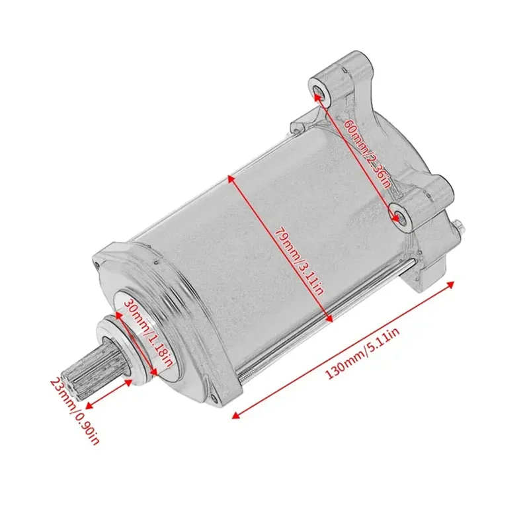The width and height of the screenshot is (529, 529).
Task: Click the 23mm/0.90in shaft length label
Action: tap(75, 411)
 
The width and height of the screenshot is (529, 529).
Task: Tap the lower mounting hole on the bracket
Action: tap(397, 212)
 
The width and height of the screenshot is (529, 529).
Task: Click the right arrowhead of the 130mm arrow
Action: tap(454, 283)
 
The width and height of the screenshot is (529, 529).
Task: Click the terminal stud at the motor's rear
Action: tap(458, 227)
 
